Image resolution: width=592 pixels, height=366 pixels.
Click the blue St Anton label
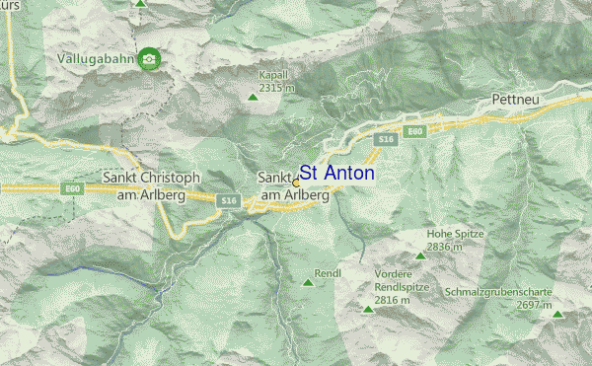[336, 173]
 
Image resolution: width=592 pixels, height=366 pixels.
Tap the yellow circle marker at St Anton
[296, 183]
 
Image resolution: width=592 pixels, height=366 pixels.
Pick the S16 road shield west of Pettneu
[385, 142]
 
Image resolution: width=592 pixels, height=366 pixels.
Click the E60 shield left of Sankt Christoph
[70, 188]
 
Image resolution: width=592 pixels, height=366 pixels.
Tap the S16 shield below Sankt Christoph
[228, 200]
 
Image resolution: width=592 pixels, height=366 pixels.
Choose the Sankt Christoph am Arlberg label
[151, 185]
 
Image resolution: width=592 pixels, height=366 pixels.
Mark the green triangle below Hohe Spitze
[420, 256]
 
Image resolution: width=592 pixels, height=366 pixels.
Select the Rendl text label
[328, 272]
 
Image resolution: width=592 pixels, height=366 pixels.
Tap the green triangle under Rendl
[308, 284]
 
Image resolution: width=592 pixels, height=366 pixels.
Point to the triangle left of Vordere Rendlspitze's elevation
[368, 309]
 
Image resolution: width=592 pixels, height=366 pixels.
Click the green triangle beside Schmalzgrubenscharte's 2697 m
[557, 315]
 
